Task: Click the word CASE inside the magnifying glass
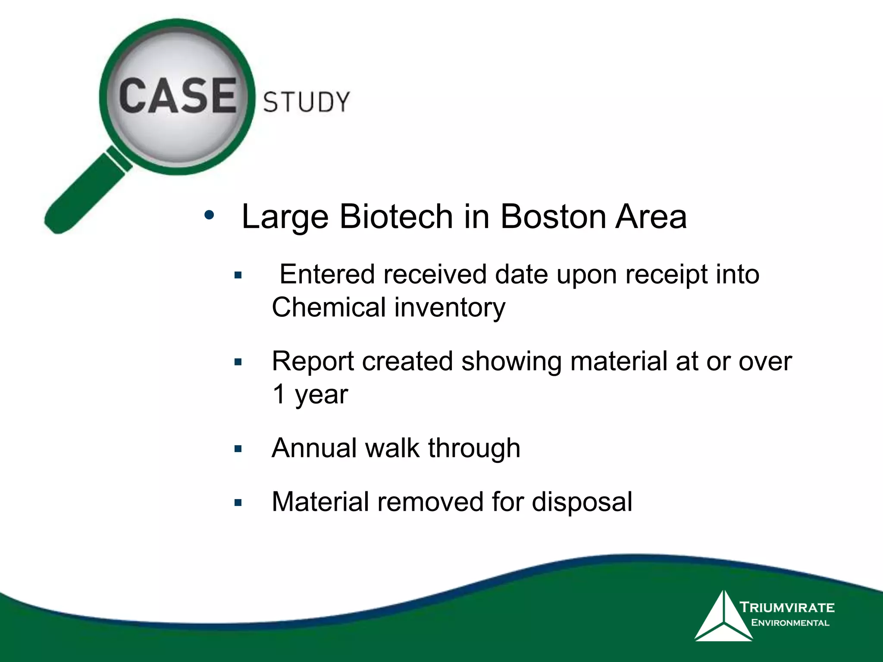pyautogui.click(x=177, y=97)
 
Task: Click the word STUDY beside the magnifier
pyautogui.click(x=306, y=103)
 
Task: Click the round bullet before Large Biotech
pyautogui.click(x=209, y=215)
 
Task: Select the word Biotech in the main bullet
pyautogui.click(x=395, y=216)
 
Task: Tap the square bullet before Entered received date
pyautogui.click(x=238, y=275)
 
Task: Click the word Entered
pyautogui.click(x=327, y=275)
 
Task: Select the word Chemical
pyautogui.click(x=329, y=308)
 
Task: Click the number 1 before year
pyautogui.click(x=279, y=394)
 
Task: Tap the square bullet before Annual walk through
pyautogui.click(x=238, y=449)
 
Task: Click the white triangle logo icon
pyautogui.click(x=723, y=617)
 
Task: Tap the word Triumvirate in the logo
pyautogui.click(x=787, y=607)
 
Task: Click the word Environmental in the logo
pyautogui.click(x=790, y=623)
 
